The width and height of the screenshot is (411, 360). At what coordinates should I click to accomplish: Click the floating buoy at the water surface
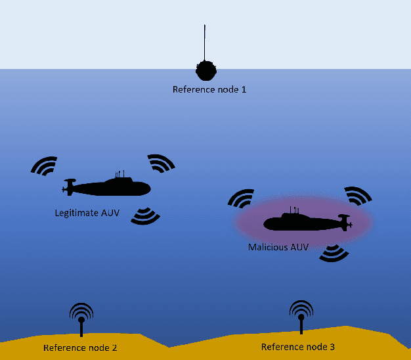point(205,70)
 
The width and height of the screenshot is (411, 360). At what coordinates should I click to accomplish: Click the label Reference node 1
point(209,89)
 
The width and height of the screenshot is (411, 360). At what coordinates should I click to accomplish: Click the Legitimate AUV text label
point(87,213)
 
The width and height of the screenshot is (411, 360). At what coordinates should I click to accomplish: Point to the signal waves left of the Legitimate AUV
point(45,166)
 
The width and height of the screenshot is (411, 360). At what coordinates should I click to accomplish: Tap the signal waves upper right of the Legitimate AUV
point(162,163)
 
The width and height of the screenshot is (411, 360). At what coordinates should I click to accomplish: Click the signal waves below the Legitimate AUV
point(145,216)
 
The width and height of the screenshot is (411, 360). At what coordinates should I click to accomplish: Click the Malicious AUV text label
point(278,248)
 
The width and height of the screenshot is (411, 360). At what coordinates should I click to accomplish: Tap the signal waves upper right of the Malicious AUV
point(358,195)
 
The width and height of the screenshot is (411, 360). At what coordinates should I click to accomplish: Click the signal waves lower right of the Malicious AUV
point(334,253)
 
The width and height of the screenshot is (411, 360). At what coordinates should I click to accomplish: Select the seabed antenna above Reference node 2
point(81,318)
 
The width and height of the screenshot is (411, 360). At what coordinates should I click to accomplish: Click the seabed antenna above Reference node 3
point(301,315)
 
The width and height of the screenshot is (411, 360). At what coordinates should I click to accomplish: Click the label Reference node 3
point(298,346)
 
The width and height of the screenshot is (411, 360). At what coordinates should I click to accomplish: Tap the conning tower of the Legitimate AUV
point(120,176)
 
